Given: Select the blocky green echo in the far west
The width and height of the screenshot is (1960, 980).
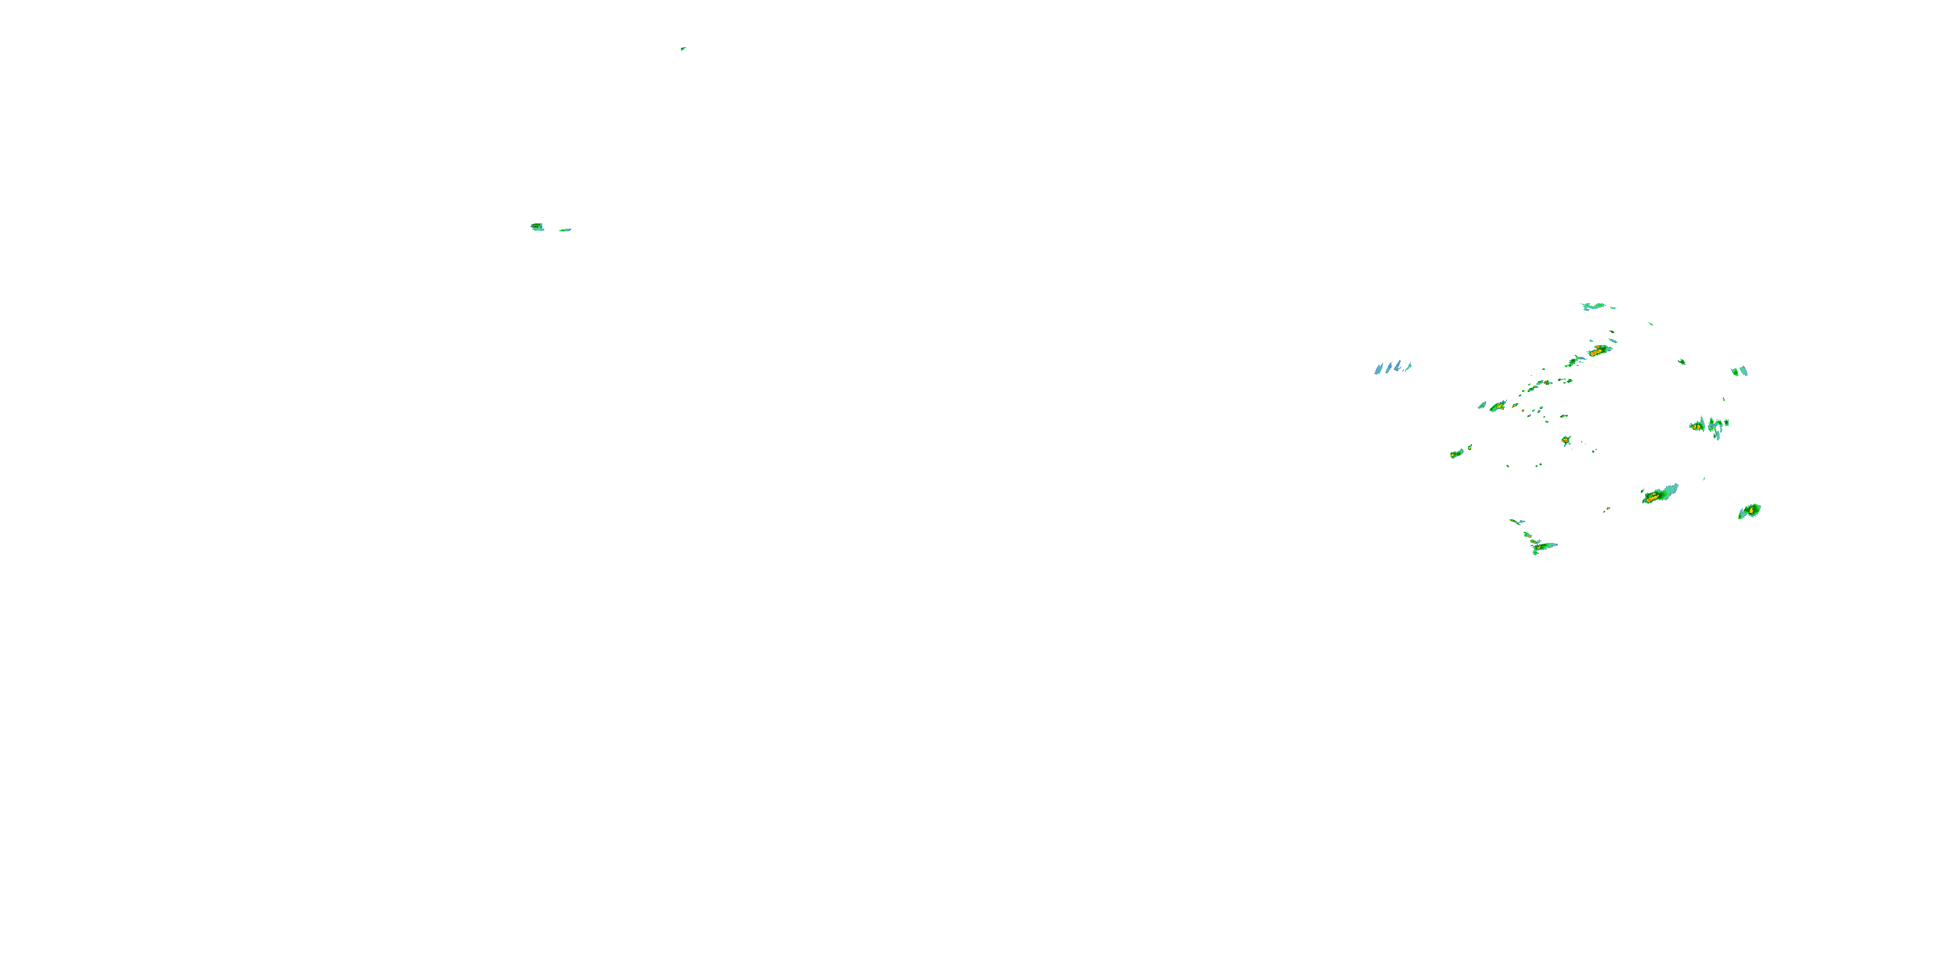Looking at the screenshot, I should [537, 227].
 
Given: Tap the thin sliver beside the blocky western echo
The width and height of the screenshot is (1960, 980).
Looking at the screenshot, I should [564, 230].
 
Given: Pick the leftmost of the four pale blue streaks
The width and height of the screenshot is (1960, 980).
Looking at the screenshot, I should [1378, 370].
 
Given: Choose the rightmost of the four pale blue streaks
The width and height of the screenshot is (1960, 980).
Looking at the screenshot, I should [1409, 367].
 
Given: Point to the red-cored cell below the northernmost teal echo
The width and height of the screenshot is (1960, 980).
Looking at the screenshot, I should [1599, 351].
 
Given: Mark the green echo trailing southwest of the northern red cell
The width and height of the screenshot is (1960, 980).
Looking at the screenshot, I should [1572, 361].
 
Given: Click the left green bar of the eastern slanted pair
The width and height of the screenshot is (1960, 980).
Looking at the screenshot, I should [1735, 372].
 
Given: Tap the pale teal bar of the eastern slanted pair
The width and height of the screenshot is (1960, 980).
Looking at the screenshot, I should [1744, 371].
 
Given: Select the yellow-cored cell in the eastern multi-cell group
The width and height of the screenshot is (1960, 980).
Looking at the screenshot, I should [1697, 427].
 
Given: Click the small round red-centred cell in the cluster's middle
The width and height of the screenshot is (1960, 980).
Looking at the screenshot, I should [1566, 440].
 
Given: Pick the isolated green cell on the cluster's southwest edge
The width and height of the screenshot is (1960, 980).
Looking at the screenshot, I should [1457, 453].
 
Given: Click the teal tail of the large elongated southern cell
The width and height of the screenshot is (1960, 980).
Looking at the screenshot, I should [1672, 489].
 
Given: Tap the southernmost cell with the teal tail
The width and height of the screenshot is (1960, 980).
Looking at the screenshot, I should [1541, 546].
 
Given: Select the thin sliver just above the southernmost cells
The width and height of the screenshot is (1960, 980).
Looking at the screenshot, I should [1516, 522].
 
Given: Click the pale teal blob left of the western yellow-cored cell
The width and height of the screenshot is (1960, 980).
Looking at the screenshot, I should [1482, 406].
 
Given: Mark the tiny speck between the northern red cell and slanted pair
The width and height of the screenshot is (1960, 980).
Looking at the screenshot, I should [1682, 362].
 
